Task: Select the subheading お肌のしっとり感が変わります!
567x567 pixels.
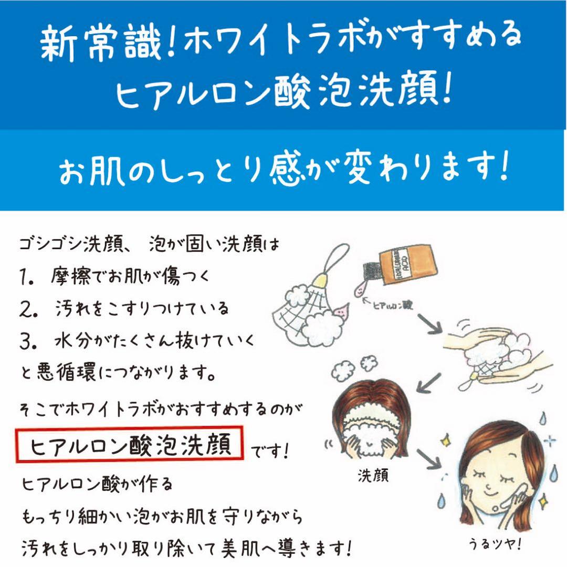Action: point(283,170)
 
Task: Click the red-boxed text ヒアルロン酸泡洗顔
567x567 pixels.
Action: point(131,446)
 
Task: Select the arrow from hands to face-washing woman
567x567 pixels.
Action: point(428,381)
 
